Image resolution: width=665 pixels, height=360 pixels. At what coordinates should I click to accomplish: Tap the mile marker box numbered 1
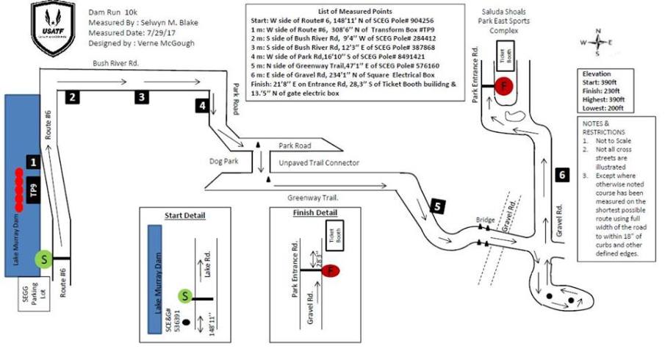tap(33, 159)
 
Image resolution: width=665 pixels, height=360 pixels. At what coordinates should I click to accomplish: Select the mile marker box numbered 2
tap(71, 96)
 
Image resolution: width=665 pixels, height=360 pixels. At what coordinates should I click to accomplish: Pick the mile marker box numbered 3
tap(142, 96)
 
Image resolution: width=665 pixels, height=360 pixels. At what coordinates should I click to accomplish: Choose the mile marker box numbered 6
tap(561, 175)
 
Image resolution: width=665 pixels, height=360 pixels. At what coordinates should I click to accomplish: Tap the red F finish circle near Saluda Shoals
tap(503, 85)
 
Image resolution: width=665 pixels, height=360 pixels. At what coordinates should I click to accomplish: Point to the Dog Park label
tap(225, 159)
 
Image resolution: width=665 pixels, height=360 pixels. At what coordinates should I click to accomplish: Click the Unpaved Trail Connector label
tap(319, 162)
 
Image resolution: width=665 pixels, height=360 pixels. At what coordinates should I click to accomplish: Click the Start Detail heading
tap(184, 216)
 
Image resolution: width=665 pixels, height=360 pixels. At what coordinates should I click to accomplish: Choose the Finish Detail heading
tap(303, 212)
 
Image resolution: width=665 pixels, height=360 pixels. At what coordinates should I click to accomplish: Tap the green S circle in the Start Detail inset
tap(187, 296)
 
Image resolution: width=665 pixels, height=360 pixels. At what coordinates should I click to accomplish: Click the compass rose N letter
tap(599, 31)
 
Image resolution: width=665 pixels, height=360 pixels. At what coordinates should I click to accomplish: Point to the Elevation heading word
tap(595, 74)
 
